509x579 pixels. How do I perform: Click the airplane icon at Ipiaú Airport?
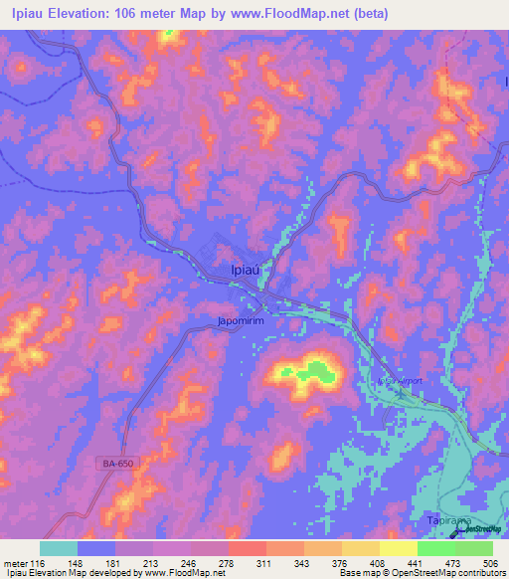(x=400, y=391)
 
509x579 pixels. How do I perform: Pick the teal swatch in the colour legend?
(x=59, y=548)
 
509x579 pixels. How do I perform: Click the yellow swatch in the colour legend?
(x=398, y=548)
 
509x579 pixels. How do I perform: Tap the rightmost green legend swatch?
(x=474, y=548)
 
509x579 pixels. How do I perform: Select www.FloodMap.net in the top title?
(x=299, y=14)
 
